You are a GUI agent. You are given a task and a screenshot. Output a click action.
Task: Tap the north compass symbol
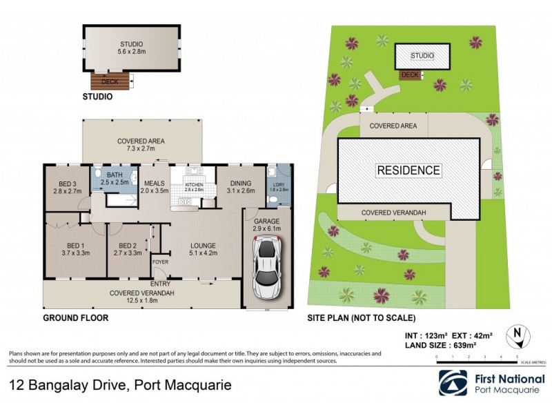tap(518, 336)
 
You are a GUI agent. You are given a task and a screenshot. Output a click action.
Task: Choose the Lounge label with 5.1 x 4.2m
tap(203, 249)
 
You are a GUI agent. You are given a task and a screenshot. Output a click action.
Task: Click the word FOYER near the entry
tap(160, 262)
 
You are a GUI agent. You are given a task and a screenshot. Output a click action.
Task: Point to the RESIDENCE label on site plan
tap(408, 170)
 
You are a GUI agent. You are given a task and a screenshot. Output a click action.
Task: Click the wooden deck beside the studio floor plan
tap(110, 81)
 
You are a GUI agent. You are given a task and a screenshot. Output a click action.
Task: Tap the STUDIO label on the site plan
tap(422, 56)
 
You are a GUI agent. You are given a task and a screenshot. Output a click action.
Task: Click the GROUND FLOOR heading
tap(75, 318)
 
